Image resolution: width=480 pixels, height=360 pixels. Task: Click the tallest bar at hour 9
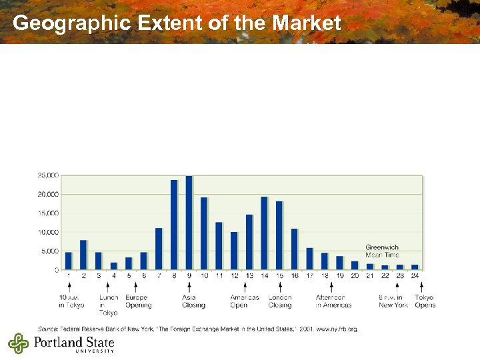189,223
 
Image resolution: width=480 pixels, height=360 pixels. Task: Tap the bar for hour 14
264,233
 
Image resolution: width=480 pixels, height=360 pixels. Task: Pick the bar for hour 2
83,255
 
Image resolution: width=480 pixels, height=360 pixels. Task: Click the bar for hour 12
234,251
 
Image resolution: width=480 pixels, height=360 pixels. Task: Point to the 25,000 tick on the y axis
48,175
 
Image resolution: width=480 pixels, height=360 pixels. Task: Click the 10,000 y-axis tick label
48,232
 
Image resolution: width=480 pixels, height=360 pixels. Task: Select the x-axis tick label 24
415,275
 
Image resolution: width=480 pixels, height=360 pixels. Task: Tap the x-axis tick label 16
294,275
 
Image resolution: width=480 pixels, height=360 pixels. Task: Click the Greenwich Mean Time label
382,251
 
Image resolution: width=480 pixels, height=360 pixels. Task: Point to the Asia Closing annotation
193,301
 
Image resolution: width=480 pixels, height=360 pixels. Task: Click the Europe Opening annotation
138,301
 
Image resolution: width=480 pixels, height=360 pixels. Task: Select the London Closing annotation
280,301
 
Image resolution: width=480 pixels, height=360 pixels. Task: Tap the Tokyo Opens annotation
425,301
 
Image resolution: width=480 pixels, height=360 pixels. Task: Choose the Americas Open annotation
244,301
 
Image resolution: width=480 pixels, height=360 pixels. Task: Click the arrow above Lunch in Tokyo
108,286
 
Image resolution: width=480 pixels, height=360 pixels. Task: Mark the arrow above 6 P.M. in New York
396,286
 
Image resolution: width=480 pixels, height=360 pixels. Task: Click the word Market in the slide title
307,23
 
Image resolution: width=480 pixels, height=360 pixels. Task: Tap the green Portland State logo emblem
19,344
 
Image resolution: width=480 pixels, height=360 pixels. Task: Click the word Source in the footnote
47,329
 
